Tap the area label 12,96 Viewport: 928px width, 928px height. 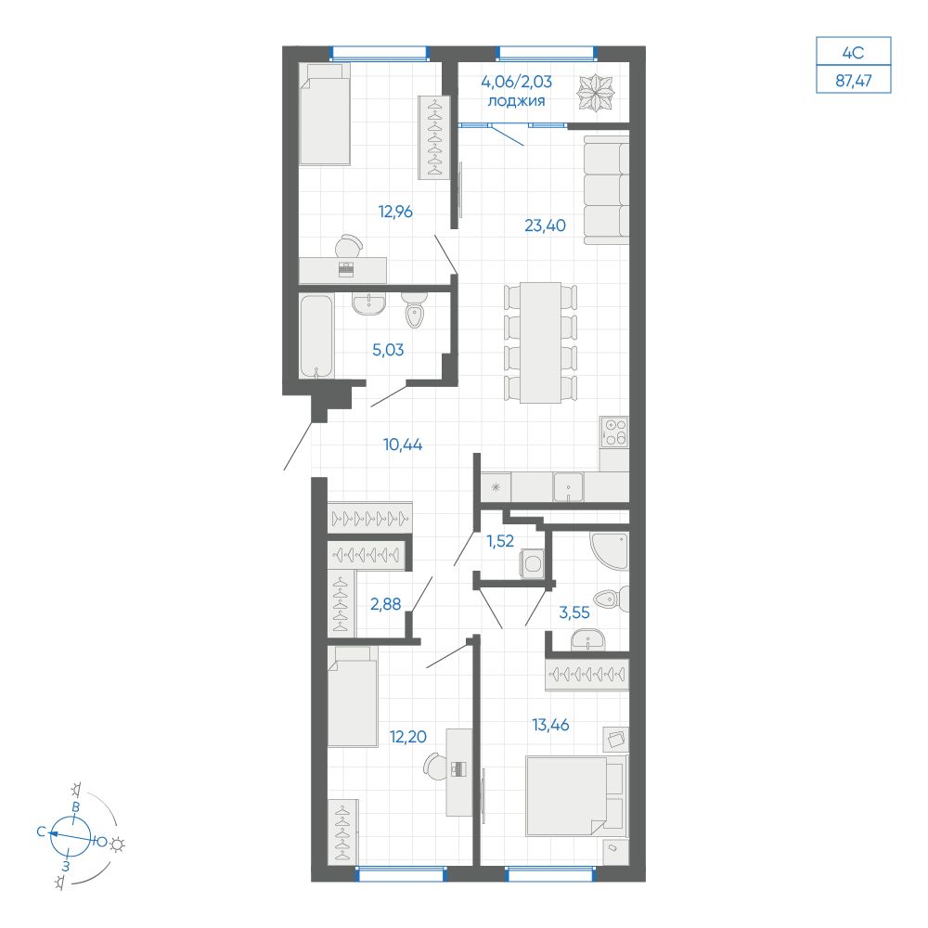[x=395, y=212]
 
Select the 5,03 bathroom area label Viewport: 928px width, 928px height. [x=387, y=351]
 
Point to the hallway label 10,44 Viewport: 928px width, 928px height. [x=403, y=445]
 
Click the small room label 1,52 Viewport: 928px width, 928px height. [x=500, y=542]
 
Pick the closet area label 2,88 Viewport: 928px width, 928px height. [x=385, y=604]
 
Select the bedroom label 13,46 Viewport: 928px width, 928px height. [x=551, y=725]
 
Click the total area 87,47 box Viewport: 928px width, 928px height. [x=853, y=81]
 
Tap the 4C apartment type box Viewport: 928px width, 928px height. [x=853, y=51]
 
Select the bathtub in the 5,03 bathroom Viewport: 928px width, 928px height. [x=316, y=336]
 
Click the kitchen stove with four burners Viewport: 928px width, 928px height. [x=613, y=431]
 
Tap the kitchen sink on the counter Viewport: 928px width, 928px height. [x=567, y=485]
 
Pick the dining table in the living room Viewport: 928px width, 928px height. [x=540, y=342]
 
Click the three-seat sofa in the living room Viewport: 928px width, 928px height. [x=606, y=188]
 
